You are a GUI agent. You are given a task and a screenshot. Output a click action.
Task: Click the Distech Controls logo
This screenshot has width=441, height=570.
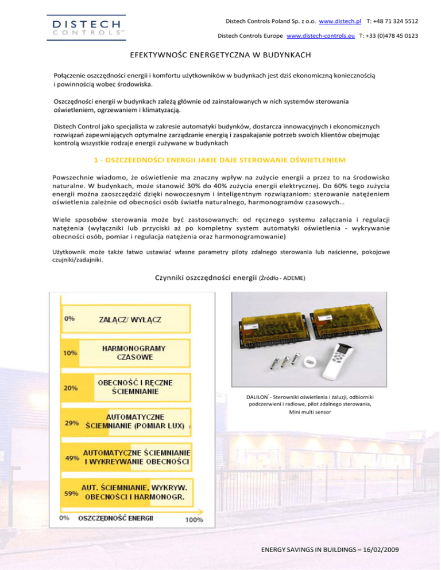point(86,28)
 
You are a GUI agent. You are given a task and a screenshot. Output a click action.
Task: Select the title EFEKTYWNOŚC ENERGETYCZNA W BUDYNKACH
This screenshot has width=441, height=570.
point(220,56)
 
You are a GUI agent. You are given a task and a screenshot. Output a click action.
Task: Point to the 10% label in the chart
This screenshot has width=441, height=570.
point(71,353)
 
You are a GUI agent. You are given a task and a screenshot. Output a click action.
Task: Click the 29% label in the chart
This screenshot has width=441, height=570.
point(71,423)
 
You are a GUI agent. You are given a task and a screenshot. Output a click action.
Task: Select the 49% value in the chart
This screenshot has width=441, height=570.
point(71,458)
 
